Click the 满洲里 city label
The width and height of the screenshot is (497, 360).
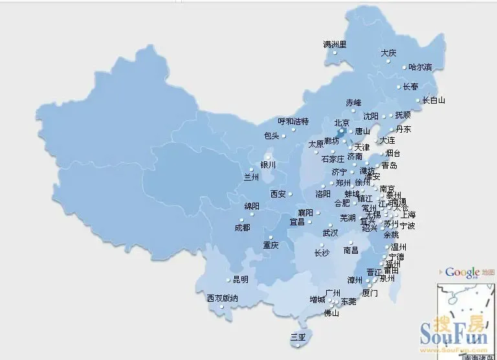[335, 45]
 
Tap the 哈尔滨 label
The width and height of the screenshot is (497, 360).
[420, 67]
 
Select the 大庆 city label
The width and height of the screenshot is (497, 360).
[388, 53]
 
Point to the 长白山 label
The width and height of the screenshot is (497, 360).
[434, 100]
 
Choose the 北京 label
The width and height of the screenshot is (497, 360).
[342, 122]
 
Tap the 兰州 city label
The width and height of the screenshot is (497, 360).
[251, 176]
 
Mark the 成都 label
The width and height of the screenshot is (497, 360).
[242, 227]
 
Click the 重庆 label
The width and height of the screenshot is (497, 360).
[271, 245]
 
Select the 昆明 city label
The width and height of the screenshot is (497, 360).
[240, 280]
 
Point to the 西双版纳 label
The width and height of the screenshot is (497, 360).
[223, 298]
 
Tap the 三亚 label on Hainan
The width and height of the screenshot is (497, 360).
[298, 337]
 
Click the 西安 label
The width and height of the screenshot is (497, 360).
[278, 194]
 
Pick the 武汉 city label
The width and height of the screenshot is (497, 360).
[330, 233]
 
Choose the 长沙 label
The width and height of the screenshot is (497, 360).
[322, 253]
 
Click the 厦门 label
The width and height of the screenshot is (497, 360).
[370, 293]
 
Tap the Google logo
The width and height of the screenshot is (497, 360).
[462, 273]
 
